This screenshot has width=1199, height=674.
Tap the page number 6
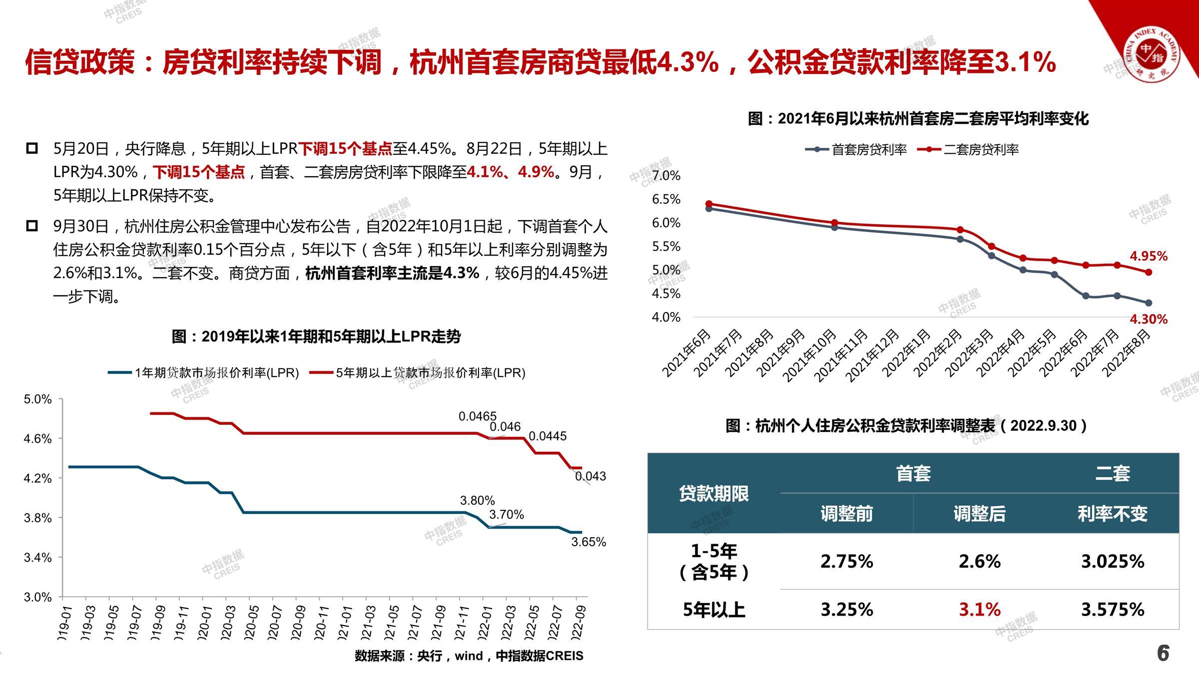tap(1163, 653)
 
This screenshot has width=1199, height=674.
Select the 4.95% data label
tap(1149, 256)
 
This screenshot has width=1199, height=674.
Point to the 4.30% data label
tap(1149, 319)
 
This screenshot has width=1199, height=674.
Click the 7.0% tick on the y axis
tap(666, 176)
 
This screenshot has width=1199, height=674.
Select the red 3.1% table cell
tap(979, 610)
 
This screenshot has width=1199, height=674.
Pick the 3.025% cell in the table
tap(1113, 562)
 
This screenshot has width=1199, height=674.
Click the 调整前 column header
tap(846, 514)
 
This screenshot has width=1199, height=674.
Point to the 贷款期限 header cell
tap(713, 494)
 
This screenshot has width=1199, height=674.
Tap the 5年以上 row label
tap(713, 610)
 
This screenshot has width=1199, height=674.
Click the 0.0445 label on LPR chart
tap(548, 436)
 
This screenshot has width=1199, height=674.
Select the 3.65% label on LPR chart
tap(589, 542)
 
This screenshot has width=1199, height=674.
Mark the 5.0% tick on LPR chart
tap(38, 399)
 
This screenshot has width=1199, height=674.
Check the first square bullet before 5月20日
tap(32, 148)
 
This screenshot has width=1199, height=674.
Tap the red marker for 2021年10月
tap(834, 223)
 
